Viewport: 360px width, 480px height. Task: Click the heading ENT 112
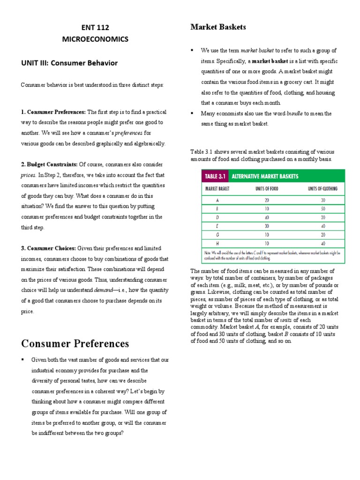click(95, 28)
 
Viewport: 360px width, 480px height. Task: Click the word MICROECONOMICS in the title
click(95, 39)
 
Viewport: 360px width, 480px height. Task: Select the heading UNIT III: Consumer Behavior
click(69, 62)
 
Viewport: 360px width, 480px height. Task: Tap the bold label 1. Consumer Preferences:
click(53, 112)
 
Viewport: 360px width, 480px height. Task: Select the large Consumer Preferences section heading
click(75, 343)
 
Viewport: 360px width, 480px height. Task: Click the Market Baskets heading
click(218, 27)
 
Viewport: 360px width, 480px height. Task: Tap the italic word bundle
click(294, 113)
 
